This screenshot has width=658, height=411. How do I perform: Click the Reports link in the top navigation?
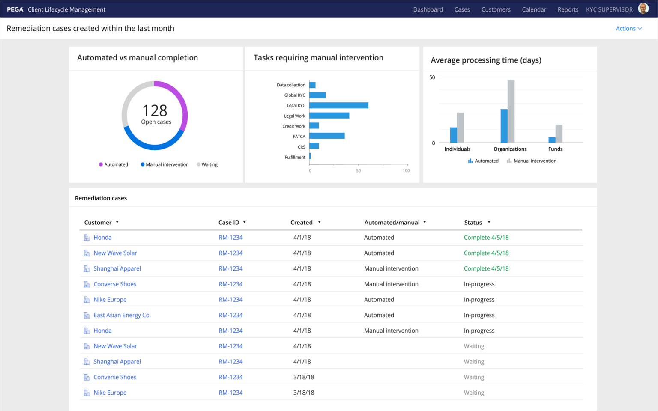pos(568,9)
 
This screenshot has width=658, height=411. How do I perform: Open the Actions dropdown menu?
pos(628,29)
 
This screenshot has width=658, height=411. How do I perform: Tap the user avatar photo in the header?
pos(643,9)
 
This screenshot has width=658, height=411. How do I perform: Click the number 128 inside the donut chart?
pos(155,111)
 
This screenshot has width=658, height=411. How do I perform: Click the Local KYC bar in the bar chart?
pos(338,105)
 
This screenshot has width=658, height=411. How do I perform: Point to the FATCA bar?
pos(327,136)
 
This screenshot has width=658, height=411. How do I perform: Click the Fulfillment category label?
pos(295,157)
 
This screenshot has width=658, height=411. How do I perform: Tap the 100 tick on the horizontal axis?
pos(406,170)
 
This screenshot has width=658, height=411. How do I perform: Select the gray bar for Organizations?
pos(511,111)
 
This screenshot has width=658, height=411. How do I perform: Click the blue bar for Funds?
pos(552,140)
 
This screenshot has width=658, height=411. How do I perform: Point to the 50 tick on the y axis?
pos(432,77)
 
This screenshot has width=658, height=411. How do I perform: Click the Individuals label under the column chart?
pos(457,149)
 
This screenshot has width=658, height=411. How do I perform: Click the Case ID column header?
pos(229,223)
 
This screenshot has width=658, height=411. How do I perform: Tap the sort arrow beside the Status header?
pos(489,223)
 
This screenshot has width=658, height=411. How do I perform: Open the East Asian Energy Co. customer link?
pos(122,315)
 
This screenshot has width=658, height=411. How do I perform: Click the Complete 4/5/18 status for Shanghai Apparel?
pos(486,268)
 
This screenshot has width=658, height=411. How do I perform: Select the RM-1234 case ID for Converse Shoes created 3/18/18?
pos(230,377)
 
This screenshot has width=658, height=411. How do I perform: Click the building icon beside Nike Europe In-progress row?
pos(87,300)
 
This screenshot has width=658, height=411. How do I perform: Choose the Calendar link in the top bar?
pos(534,9)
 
